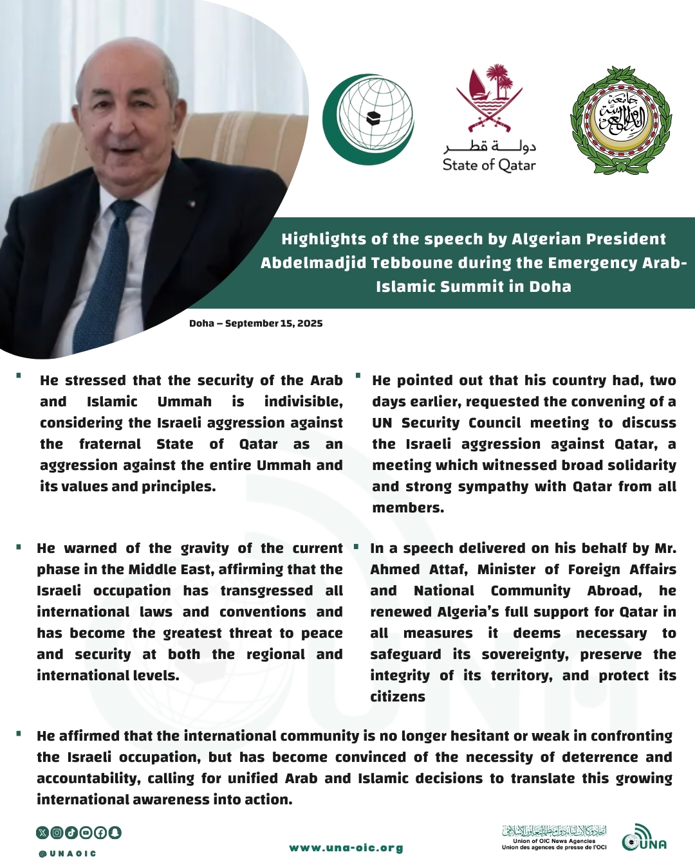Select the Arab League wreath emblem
(x=620, y=120)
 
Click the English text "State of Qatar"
(x=489, y=165)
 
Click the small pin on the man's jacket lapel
(x=191, y=204)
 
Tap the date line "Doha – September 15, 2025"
(x=255, y=323)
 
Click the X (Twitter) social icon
(x=42, y=833)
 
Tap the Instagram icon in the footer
(x=57, y=833)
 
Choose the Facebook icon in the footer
(x=100, y=833)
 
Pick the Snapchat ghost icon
(x=115, y=833)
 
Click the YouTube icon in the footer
(x=86, y=833)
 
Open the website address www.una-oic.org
(x=346, y=848)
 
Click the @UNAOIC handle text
(x=67, y=854)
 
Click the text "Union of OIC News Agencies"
(x=554, y=841)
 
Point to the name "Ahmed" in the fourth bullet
(x=394, y=570)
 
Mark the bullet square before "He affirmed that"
(x=19, y=733)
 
